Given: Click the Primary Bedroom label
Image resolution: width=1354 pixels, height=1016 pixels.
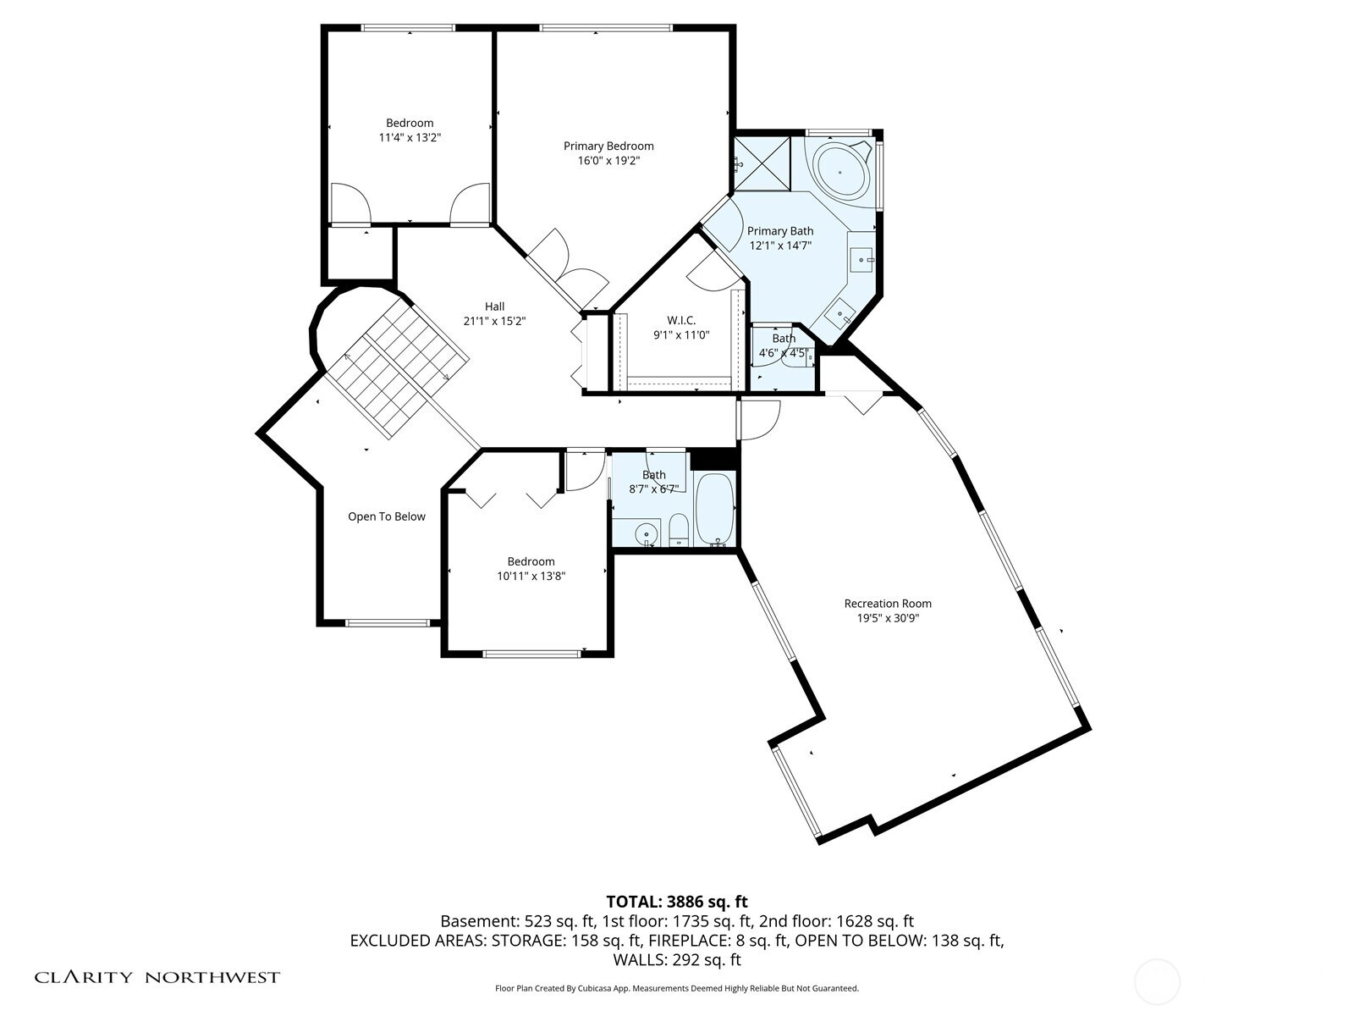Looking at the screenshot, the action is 608,146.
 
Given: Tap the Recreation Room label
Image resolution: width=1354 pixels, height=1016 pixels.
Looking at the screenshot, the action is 888,604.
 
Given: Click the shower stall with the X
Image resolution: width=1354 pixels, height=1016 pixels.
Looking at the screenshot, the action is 762,163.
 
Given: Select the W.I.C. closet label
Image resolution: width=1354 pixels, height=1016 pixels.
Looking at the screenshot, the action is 681,321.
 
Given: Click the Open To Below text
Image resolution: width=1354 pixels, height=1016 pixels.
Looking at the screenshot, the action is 386,516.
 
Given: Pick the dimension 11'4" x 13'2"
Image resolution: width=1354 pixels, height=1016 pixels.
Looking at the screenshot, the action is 410,137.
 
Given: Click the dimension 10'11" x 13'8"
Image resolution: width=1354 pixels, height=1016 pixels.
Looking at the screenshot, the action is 531,577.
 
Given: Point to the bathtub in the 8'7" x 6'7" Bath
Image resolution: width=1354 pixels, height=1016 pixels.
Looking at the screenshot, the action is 714,510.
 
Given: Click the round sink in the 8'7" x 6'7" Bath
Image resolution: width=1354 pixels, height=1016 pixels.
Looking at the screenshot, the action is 646,533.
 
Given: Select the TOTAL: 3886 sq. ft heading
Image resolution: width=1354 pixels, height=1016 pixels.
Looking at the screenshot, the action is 677,902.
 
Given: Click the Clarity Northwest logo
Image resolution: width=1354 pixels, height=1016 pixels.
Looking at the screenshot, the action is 157,977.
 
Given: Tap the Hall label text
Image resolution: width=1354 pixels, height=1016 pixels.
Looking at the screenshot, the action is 494,306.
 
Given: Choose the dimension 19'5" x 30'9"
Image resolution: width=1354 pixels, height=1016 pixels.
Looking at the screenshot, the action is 888,618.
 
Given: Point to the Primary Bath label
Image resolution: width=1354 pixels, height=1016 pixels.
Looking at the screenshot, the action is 780,231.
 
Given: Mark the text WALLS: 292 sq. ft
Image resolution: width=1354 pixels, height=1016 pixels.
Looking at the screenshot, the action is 677,960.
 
